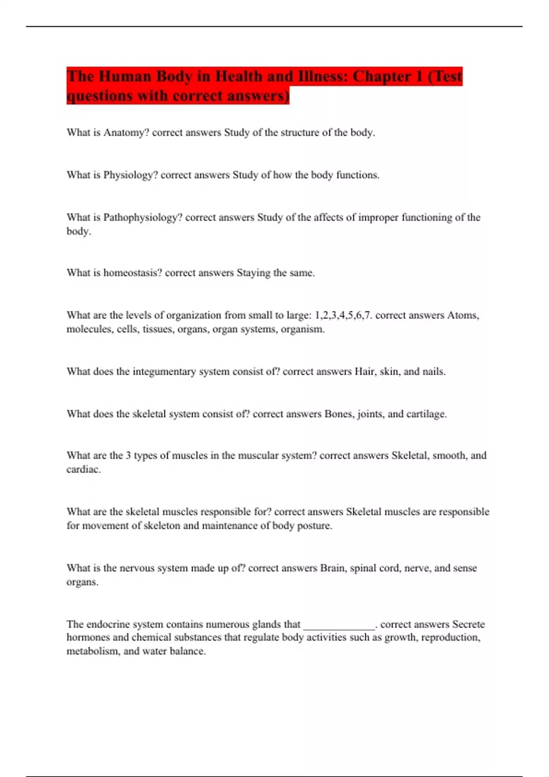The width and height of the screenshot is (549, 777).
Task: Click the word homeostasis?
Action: click(x=133, y=273)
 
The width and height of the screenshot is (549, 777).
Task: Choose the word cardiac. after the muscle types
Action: click(x=83, y=469)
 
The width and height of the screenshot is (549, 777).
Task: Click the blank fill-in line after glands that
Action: click(x=339, y=626)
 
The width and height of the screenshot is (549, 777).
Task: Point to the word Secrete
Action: click(x=468, y=624)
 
